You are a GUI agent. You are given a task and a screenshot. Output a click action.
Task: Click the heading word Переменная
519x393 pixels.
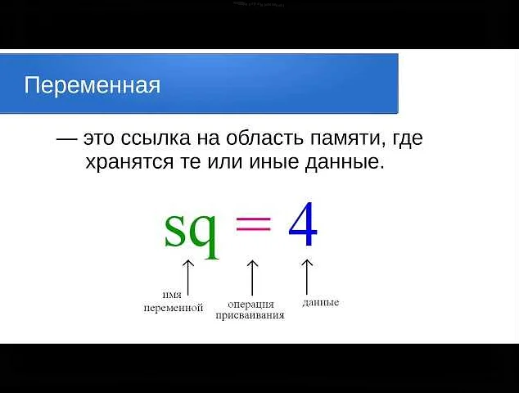pyautogui.click(x=92, y=85)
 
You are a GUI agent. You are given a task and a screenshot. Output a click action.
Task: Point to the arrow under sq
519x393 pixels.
pyautogui.click(x=188, y=275)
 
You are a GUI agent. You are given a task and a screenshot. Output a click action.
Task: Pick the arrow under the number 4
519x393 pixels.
pyautogui.click(x=308, y=275)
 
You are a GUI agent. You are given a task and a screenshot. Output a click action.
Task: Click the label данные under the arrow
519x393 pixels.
pyautogui.click(x=320, y=302)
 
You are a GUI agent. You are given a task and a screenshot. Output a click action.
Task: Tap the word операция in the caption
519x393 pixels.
pyautogui.click(x=250, y=305)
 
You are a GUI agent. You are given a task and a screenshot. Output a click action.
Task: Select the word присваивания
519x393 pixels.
pyautogui.click(x=250, y=315)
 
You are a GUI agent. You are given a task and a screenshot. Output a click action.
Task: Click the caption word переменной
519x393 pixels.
pyautogui.click(x=173, y=308)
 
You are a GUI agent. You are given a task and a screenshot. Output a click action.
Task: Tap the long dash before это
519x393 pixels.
pyautogui.click(x=66, y=138)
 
